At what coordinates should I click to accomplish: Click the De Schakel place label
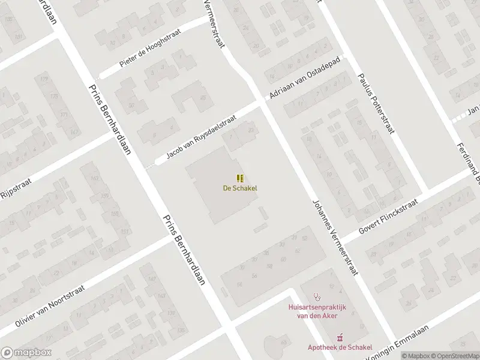click(x=240, y=188)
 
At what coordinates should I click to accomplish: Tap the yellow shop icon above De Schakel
click(x=240, y=178)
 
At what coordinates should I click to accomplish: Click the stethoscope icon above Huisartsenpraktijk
click(x=317, y=296)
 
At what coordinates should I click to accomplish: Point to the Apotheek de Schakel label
click(x=340, y=347)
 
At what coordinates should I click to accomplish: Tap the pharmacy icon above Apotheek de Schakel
click(x=340, y=337)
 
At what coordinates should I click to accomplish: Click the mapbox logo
click(x=26, y=353)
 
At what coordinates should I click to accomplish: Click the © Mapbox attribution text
click(x=416, y=356)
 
